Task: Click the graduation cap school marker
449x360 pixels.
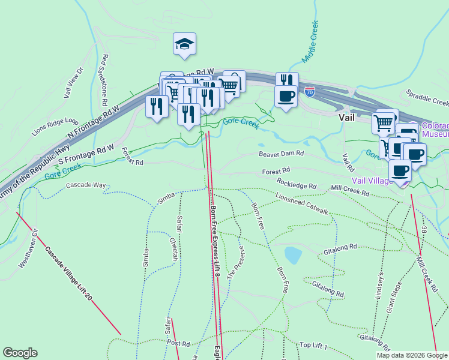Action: [185, 44]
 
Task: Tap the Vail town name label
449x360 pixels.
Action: [349, 118]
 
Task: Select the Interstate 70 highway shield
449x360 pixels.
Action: [309, 92]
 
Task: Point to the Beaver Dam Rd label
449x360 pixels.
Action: [282, 154]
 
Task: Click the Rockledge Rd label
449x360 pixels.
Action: [297, 183]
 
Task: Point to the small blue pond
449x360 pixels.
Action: [292, 255]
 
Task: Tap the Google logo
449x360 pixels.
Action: [20, 353]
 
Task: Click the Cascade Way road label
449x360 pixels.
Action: [86, 185]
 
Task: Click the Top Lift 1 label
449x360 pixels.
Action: [313, 346]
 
